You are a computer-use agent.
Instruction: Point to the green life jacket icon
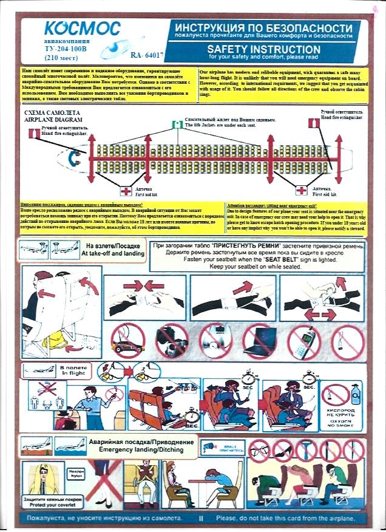177,124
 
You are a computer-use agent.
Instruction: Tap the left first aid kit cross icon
125,191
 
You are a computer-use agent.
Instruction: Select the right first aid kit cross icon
302,191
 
